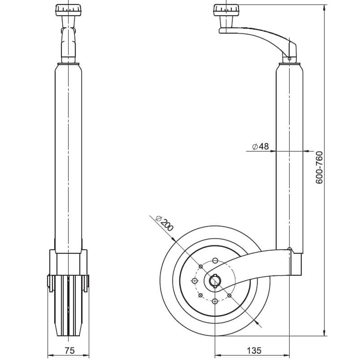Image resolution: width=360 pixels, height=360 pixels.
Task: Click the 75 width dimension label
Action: pos(69,350)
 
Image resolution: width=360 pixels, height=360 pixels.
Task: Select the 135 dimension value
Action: pos(255,350)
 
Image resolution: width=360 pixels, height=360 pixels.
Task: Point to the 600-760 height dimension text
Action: pos(319,168)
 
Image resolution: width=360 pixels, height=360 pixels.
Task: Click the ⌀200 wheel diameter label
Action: pos(165,223)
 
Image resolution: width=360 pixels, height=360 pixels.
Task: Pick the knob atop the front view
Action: pos(68,10)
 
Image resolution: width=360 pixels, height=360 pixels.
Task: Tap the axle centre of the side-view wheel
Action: pos(215,280)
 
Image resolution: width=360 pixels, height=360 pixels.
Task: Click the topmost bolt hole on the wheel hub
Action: pos(215,260)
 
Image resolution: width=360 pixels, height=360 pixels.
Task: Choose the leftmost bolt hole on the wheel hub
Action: pos(195,280)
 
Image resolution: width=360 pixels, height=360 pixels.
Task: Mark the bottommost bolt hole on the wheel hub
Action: pos(215,301)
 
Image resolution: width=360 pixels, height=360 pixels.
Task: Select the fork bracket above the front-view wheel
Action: pos(68,263)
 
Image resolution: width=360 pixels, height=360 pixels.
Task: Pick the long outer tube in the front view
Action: pos(68,155)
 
